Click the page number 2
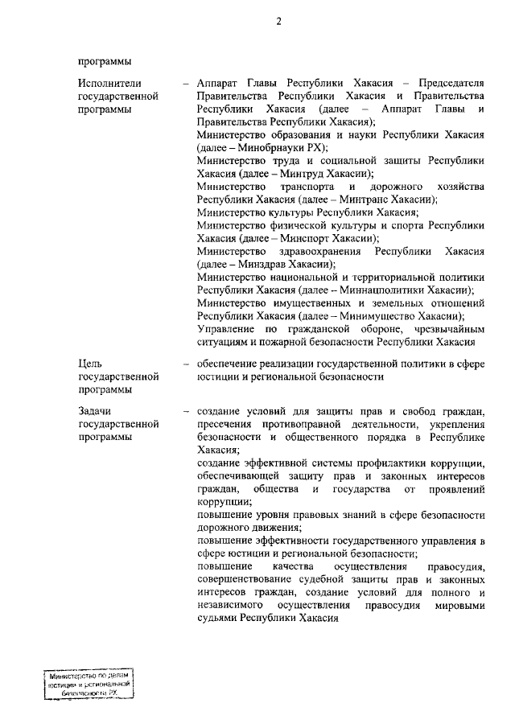pos(278,22)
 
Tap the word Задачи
pos(96,410)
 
